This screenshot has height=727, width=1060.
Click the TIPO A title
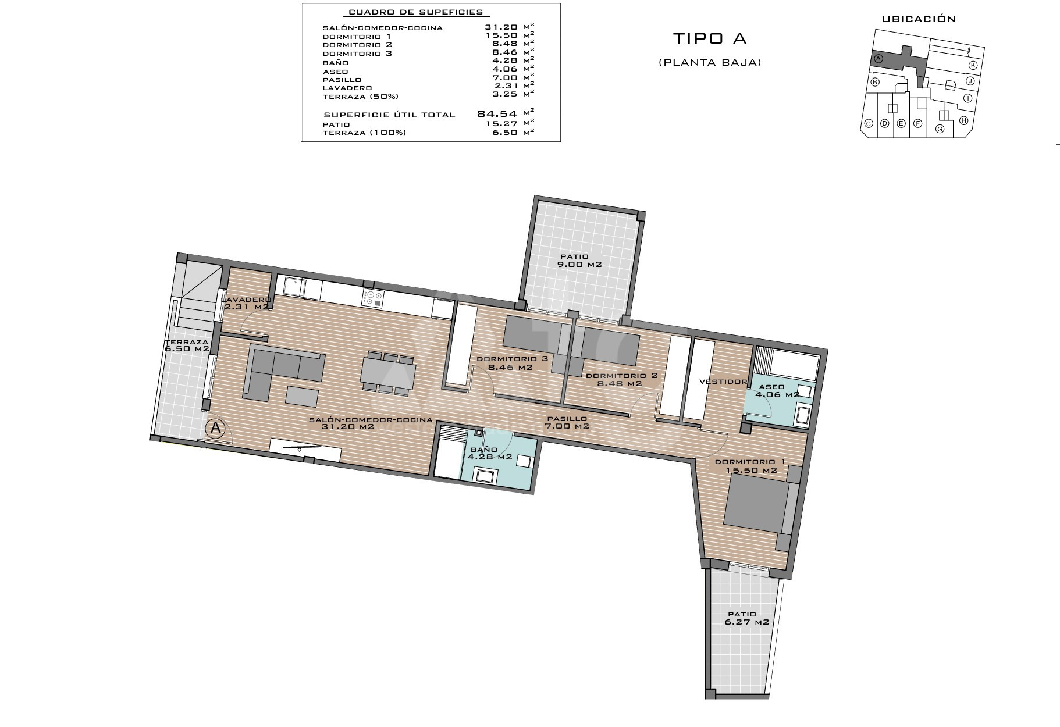[x=709, y=38]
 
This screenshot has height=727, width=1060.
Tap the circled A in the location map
[x=878, y=59]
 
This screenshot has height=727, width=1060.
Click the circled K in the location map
[x=972, y=65]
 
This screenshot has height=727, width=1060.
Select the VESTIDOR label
[x=723, y=382]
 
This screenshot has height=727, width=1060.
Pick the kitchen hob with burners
[x=372, y=298]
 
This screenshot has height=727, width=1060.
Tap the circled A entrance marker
[x=215, y=428]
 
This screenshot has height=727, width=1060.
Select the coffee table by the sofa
[x=302, y=397]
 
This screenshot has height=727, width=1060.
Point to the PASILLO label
[x=567, y=418]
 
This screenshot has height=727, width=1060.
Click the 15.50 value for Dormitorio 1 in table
[x=501, y=36]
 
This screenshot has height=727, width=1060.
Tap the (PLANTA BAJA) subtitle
[x=710, y=62]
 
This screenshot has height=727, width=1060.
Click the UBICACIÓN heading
[x=919, y=19]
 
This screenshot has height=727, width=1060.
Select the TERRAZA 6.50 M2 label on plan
[x=187, y=345]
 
